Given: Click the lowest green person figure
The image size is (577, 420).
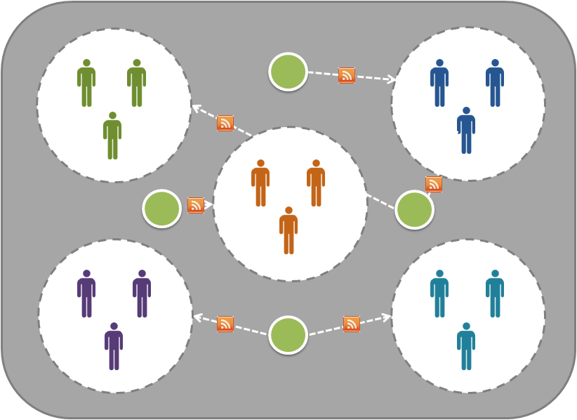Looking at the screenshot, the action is coord(112,136).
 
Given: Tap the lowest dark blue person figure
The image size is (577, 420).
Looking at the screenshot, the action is coord(466,131).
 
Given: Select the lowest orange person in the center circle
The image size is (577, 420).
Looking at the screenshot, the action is coord(288,230).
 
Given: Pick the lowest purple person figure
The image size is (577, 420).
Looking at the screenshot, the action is coord(114,346).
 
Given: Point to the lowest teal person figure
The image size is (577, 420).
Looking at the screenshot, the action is coord(466,346).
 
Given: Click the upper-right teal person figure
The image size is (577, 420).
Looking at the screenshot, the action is coord(495,294).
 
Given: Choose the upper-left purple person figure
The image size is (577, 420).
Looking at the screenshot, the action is coord(86,294).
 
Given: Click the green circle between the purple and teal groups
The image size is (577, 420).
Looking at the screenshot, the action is coord(288,335).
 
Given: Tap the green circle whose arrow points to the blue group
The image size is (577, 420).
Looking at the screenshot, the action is coord(288,72).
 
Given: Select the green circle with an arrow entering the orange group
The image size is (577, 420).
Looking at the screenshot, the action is coord(162,209).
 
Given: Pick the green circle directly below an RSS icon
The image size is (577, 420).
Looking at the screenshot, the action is coord(414,209).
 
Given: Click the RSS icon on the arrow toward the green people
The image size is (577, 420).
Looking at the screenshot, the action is coord(225,123).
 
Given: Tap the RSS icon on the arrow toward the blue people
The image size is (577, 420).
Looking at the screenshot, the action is coord(347,75).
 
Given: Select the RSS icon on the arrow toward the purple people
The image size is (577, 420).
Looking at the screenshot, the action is coord(225,324).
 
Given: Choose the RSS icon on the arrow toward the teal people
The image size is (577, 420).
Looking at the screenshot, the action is coord(352,324).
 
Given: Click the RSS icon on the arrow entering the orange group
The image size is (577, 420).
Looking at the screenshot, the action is coord(196,205).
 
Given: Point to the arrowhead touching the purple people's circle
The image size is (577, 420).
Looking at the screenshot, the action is coord(197,317).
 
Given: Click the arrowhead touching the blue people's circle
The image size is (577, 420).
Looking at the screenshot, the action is coord(392,80).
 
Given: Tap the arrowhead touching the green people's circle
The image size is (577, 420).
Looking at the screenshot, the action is coord(196,107).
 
